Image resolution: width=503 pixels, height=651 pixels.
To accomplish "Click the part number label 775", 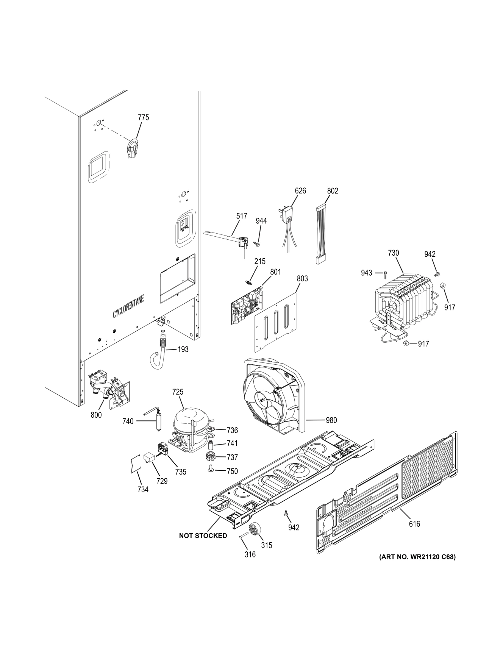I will [x=143, y=117].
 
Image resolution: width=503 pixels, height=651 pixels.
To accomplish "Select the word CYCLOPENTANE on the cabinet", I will [x=128, y=308].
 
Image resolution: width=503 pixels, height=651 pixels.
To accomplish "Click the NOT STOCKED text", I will [x=203, y=535].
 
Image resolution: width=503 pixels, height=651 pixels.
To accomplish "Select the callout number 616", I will [x=414, y=524].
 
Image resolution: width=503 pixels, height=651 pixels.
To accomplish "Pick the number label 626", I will [x=300, y=190].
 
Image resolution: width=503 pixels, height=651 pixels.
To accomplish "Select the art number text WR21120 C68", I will [x=417, y=557].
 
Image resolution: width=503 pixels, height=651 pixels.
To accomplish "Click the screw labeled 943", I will [x=385, y=273].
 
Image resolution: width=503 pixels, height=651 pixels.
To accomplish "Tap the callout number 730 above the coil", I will [x=393, y=253].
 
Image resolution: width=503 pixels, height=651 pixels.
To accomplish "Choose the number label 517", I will [x=241, y=216].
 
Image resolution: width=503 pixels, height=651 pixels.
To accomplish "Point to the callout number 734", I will [x=143, y=489].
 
